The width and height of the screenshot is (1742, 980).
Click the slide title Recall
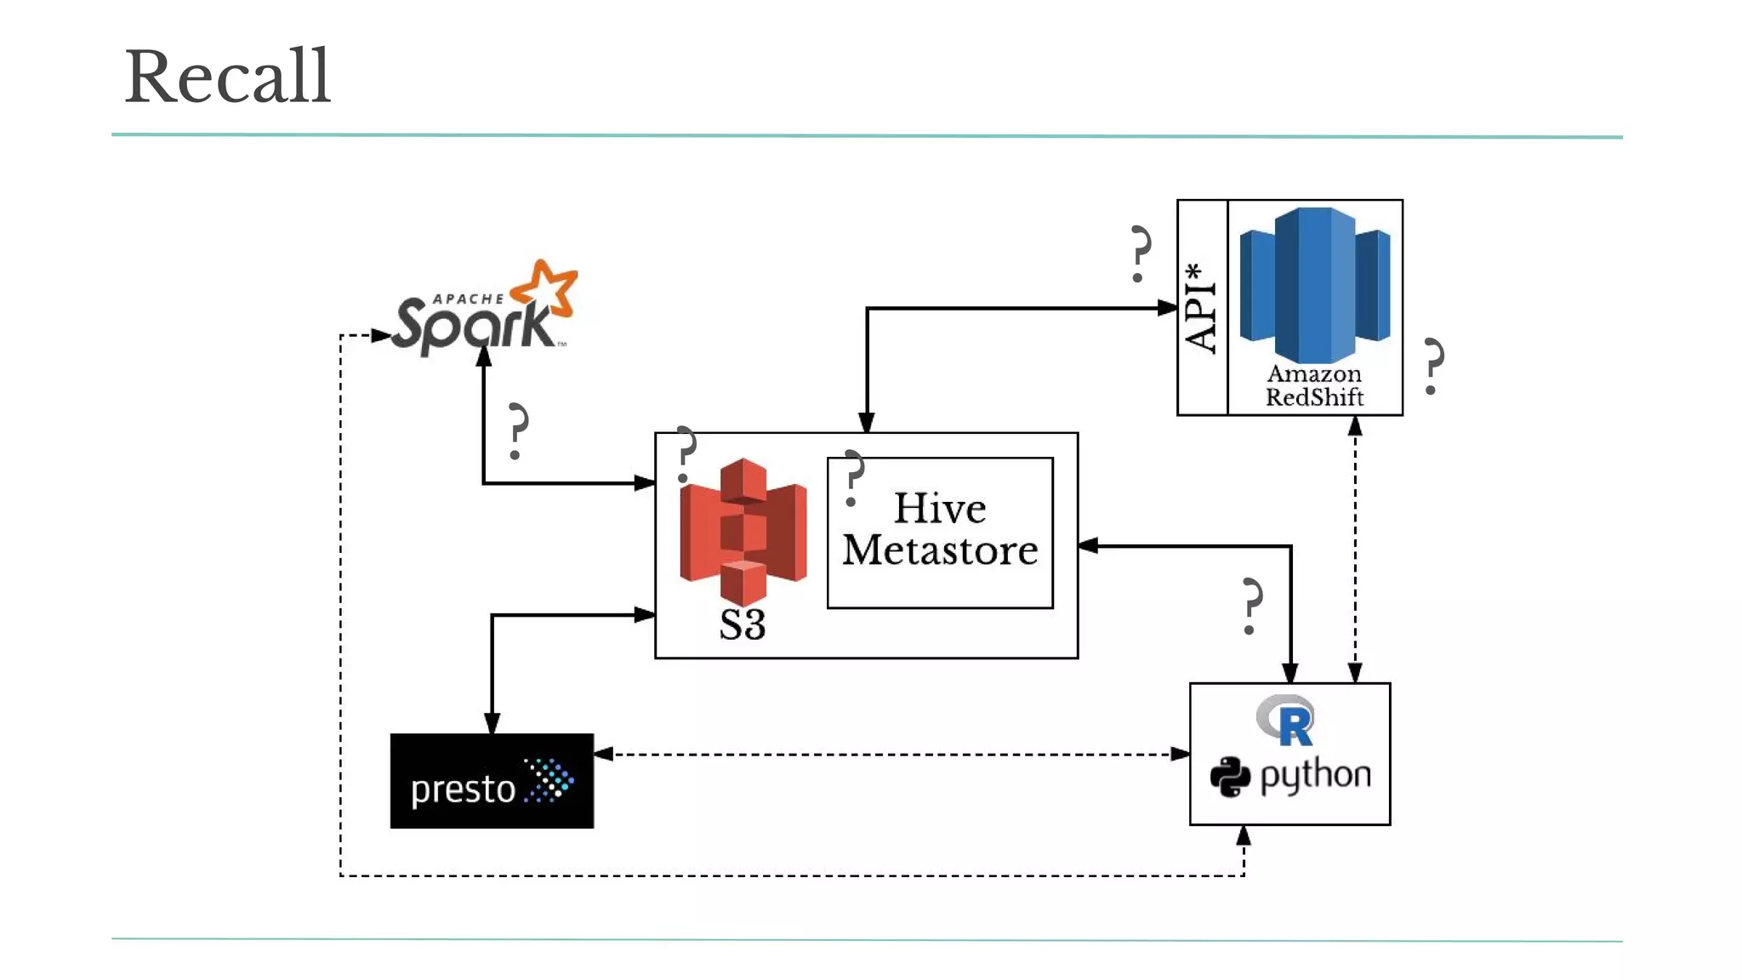coord(227,77)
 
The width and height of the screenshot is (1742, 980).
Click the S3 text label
coord(743,624)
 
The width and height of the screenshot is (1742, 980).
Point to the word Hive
coord(940,509)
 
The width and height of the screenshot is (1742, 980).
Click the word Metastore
coord(940,550)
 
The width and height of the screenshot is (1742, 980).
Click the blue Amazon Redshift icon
coord(1314,284)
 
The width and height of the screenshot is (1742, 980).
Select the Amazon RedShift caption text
coord(1314,385)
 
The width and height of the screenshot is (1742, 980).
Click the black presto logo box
coord(492,780)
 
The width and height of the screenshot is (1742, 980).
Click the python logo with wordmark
coord(1290,776)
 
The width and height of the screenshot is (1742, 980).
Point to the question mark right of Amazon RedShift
coord(1433,366)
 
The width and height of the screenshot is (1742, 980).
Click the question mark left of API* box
coord(1140,254)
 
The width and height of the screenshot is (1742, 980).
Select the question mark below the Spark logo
coord(516,431)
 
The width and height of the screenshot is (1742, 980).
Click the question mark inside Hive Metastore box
coord(852,477)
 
